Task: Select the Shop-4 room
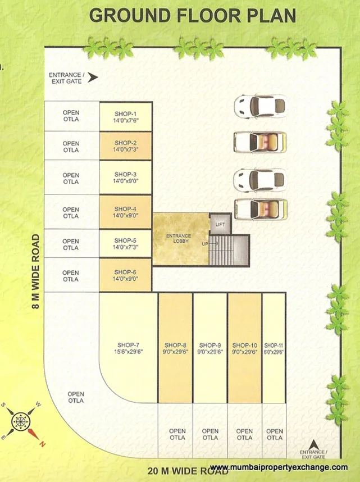pyautogui.click(x=125, y=212)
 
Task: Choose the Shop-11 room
pyautogui.click(x=274, y=348)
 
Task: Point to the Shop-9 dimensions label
pyautogui.click(x=210, y=352)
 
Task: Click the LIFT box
pyautogui.click(x=220, y=224)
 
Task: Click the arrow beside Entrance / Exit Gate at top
pyautogui.click(x=93, y=78)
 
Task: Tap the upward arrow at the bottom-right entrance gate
pyautogui.click(x=315, y=444)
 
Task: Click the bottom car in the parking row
pyautogui.click(x=260, y=208)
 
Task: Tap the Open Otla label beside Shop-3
pyautogui.click(x=71, y=178)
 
